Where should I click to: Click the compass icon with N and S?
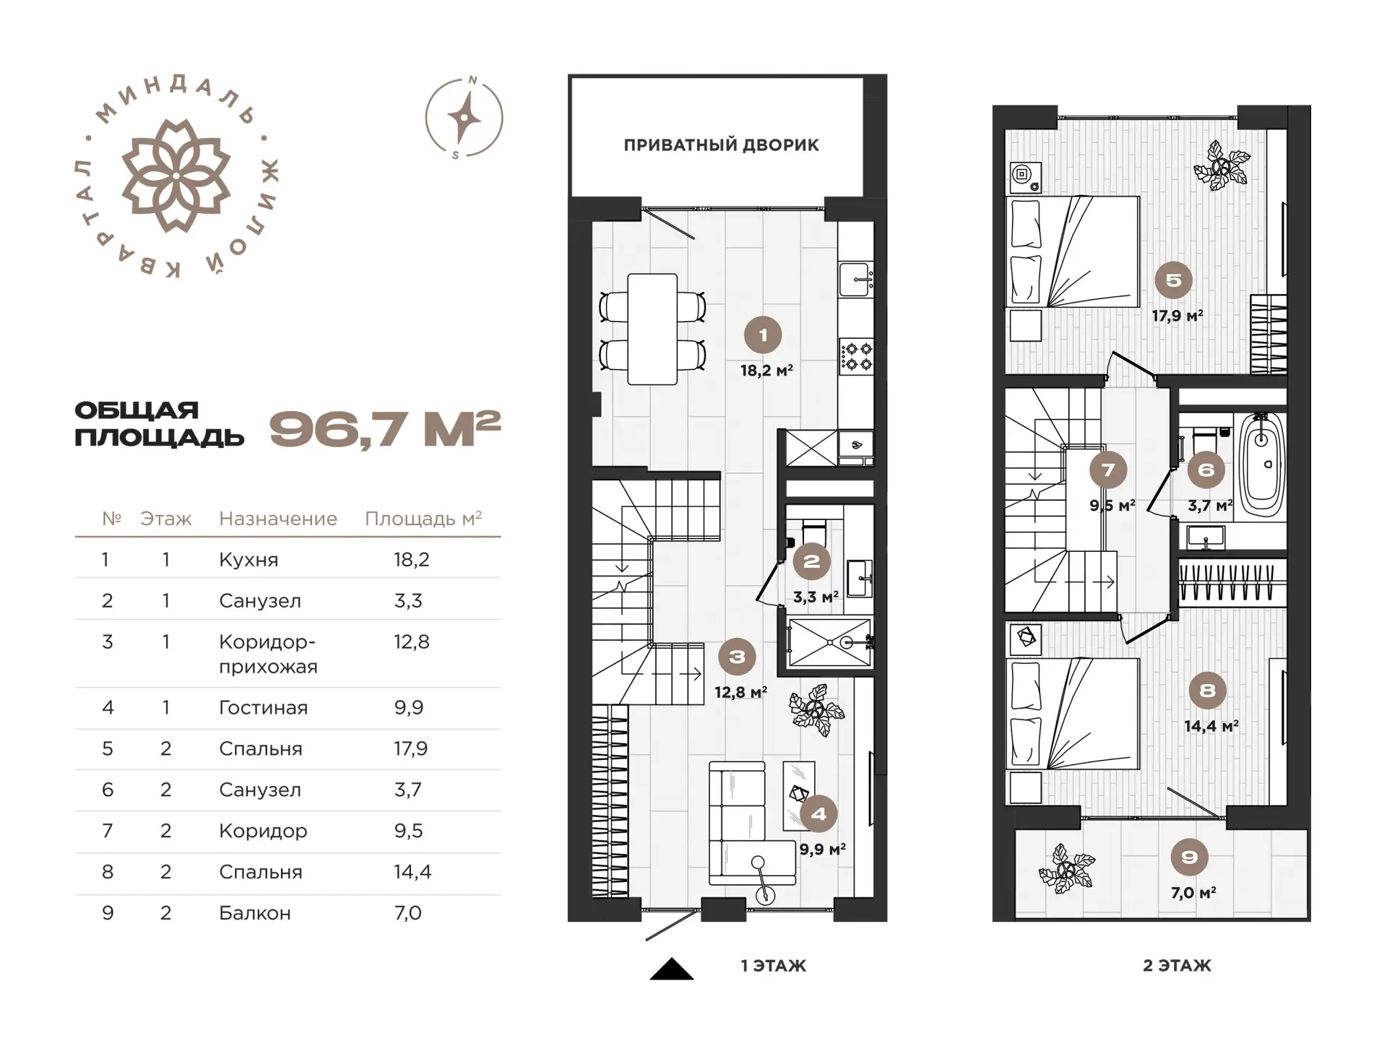pyautogui.click(x=464, y=117)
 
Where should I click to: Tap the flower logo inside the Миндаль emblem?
pyautogui.click(x=176, y=176)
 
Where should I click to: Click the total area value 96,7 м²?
pyautogui.click(x=385, y=429)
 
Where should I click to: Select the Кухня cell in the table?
pyautogui.click(x=249, y=560)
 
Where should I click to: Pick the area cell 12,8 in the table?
pyautogui.click(x=412, y=642)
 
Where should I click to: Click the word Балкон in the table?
pyautogui.click(x=255, y=913)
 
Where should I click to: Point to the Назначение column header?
pyautogui.click(x=278, y=519)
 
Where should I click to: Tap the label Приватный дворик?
pyautogui.click(x=721, y=145)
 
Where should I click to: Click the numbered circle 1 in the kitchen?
pyautogui.click(x=763, y=335)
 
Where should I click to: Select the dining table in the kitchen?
pyautogui.click(x=652, y=329)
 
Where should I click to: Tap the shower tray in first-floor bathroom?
pyautogui.click(x=830, y=642)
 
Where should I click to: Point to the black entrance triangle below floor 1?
pyautogui.click(x=672, y=970)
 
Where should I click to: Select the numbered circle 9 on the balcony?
pyautogui.click(x=1189, y=858)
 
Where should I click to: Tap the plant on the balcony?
pyautogui.click(x=1066, y=868)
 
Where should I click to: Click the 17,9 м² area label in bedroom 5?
pyautogui.click(x=1178, y=316)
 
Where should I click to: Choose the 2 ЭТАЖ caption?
pyautogui.click(x=1177, y=966)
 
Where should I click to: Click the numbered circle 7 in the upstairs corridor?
pyautogui.click(x=1108, y=470)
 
